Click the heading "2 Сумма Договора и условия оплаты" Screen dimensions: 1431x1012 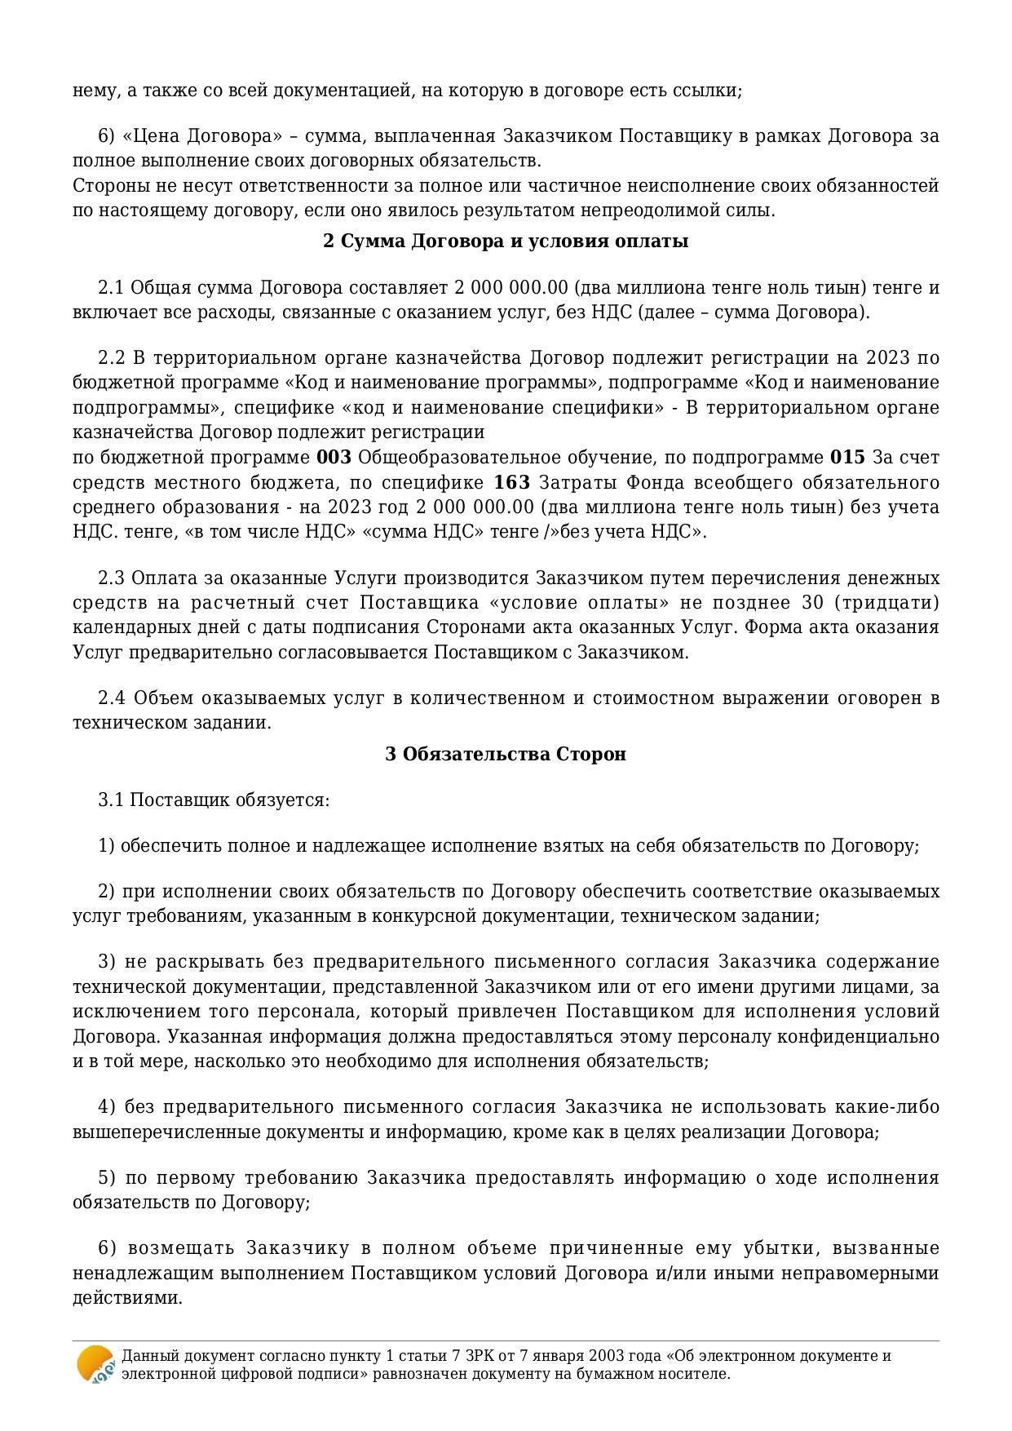coord(506,241)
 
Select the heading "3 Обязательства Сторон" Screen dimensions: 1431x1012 coord(506,754)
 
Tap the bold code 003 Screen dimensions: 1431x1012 coord(334,457)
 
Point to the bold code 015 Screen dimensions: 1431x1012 coord(847,457)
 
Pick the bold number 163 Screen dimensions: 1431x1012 coord(512,482)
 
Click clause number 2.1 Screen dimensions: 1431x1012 coord(111,288)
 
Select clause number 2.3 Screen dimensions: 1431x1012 coord(111,578)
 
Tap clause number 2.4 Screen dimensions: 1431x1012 coord(112,698)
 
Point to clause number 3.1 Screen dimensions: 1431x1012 coord(111,800)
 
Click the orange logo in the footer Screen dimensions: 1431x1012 coord(95,1364)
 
